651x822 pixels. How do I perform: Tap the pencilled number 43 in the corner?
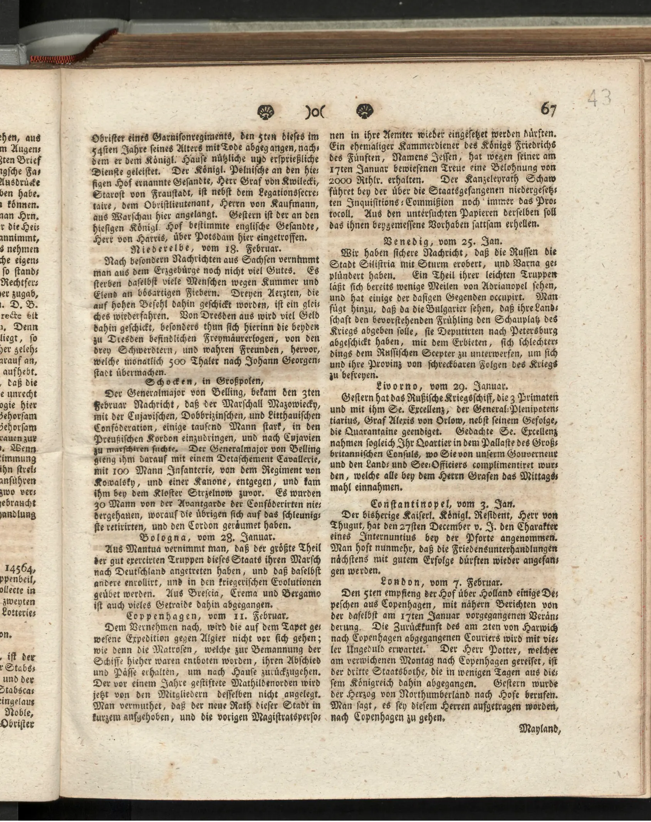click(599, 99)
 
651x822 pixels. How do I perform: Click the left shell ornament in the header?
click(265, 112)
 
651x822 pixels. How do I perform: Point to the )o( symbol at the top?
click(315, 113)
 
